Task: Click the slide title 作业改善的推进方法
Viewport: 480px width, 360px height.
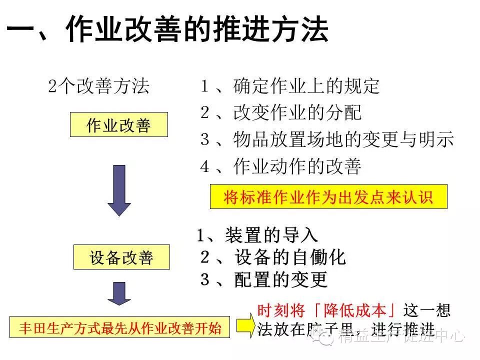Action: (x=197, y=28)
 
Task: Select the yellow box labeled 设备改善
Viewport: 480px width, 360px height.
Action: (x=121, y=258)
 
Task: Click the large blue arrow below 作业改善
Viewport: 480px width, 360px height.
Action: (x=119, y=190)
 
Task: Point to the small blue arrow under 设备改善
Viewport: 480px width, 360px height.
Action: (x=119, y=292)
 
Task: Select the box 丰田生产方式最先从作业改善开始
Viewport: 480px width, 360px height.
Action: (x=120, y=328)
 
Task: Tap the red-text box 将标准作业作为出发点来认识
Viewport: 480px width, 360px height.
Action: (x=328, y=197)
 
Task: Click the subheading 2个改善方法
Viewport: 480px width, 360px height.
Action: (x=99, y=86)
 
